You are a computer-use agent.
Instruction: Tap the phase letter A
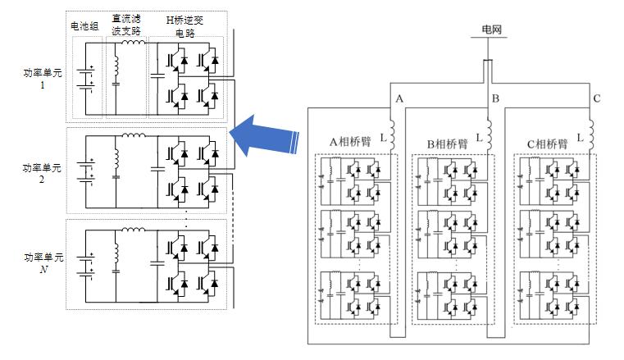[399, 98]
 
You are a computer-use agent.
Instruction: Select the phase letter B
[494, 98]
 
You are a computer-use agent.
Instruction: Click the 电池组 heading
[84, 26]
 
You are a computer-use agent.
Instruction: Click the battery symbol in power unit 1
[84, 77]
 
